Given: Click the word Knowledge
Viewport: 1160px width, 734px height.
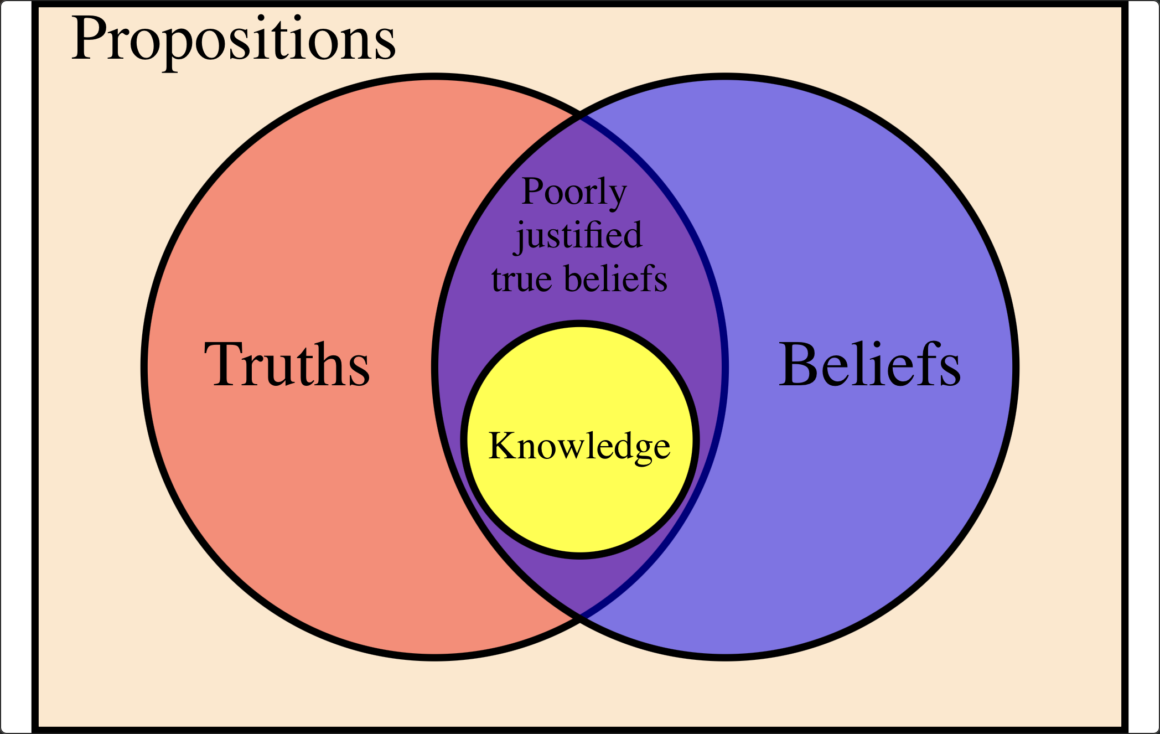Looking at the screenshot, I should (579, 446).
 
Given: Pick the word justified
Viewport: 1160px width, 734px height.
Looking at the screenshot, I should (579, 236).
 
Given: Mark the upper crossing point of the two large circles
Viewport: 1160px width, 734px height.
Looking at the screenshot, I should (580, 117).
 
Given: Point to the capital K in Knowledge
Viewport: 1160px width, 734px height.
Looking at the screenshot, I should (503, 445).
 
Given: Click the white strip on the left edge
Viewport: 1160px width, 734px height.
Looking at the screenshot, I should (15, 365).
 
